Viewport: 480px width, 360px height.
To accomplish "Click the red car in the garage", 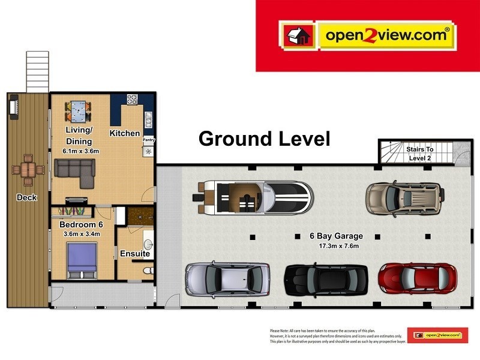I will [417, 278].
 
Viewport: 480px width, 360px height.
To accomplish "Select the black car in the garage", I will [326, 279].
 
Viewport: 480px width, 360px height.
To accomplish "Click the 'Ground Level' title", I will [264, 139].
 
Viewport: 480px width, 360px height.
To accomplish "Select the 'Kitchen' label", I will [125, 133].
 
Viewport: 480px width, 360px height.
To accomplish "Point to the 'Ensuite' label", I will [134, 254].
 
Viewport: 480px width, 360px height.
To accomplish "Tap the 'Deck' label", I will [26, 197].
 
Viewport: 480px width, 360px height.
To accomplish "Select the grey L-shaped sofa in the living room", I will [75, 172].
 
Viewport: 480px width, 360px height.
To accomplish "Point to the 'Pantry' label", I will [148, 140].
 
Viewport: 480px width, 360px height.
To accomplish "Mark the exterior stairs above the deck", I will [37, 71].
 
